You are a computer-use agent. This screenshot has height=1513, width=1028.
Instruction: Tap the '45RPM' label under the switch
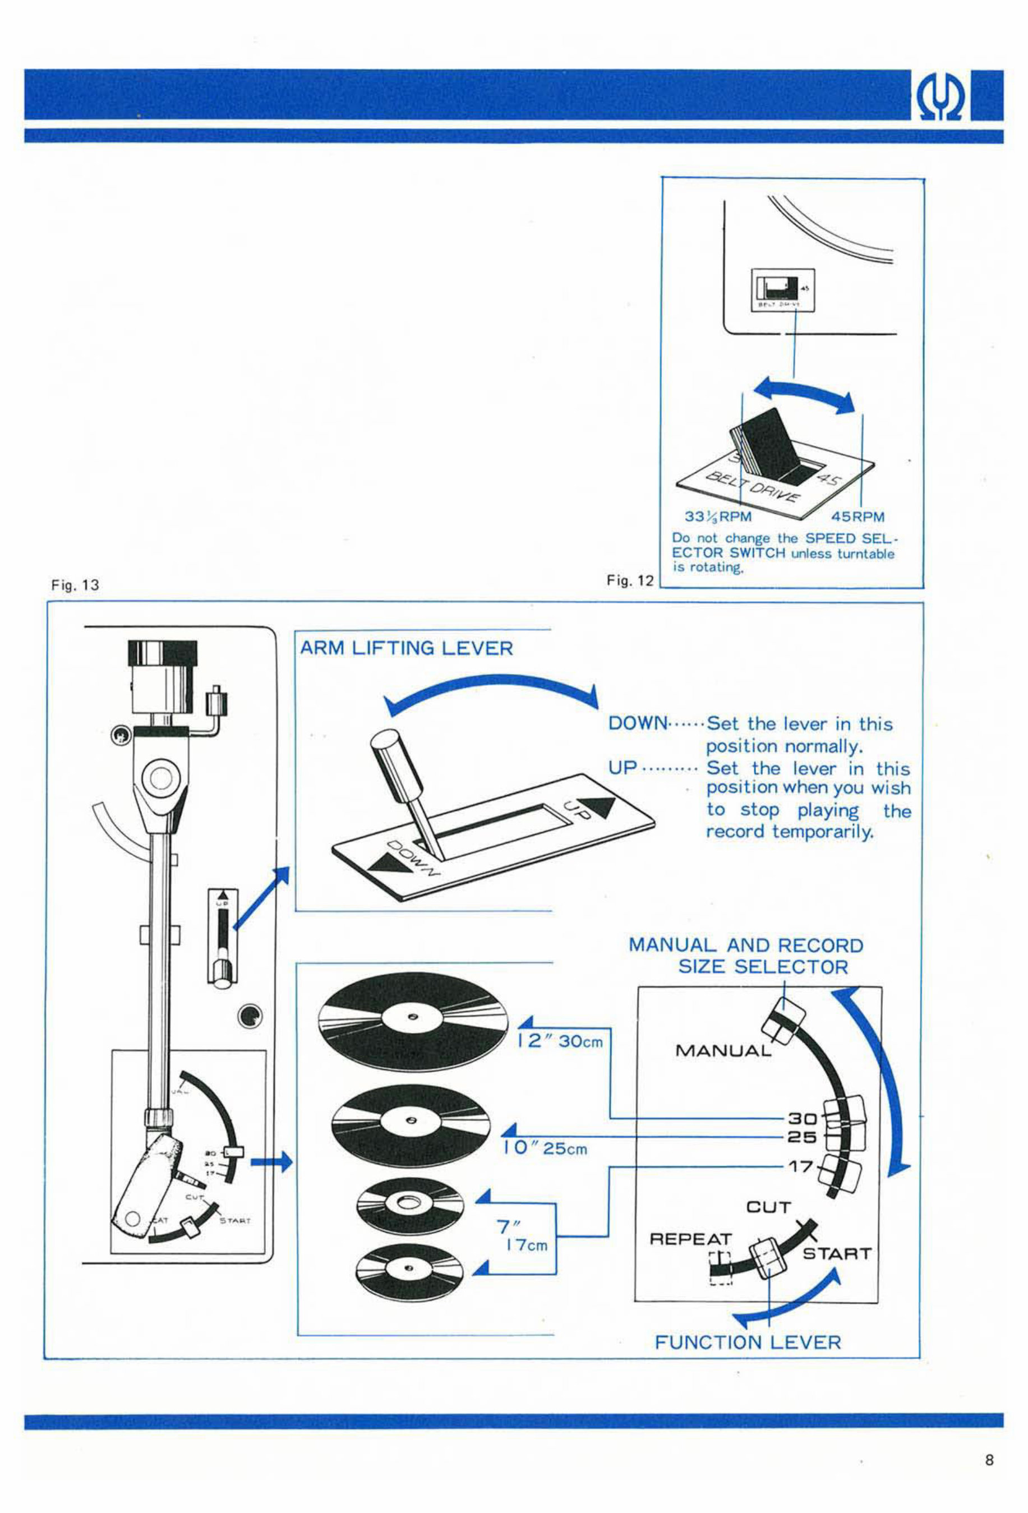coord(858,517)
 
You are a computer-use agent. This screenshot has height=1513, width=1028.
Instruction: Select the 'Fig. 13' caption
coord(75,585)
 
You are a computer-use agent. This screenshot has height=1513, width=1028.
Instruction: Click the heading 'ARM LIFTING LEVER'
coord(406,648)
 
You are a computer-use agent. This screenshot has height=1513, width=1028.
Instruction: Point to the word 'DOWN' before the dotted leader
coord(637,723)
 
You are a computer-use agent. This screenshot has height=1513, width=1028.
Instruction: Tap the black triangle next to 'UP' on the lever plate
coord(600,808)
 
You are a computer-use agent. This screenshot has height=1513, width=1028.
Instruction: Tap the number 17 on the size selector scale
coord(801,1166)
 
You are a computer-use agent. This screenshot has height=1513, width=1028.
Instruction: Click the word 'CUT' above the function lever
coord(768,1207)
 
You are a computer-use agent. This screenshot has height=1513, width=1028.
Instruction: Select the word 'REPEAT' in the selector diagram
coord(691,1238)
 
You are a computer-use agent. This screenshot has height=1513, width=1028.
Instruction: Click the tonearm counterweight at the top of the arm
coord(162,677)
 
